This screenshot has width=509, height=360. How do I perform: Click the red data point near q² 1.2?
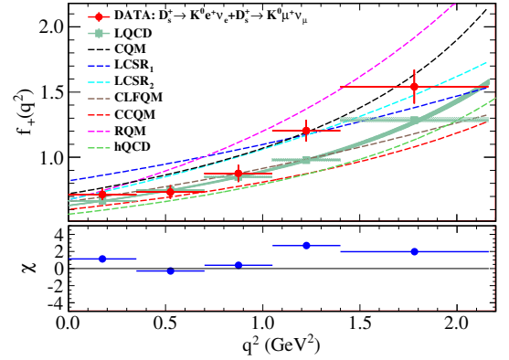coord(306,131)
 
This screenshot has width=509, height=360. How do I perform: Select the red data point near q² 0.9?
coord(239,174)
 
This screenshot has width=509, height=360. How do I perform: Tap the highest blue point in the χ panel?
coord(306,245)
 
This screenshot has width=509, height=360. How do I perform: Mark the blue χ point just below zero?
coord(171,270)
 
